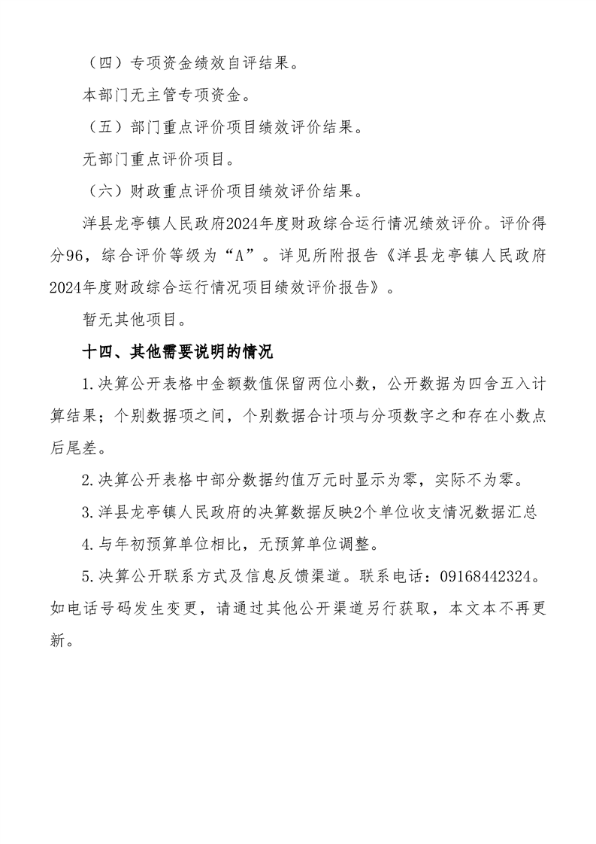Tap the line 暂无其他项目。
pyautogui.click(x=133, y=319)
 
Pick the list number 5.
pyautogui.click(x=86, y=577)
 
